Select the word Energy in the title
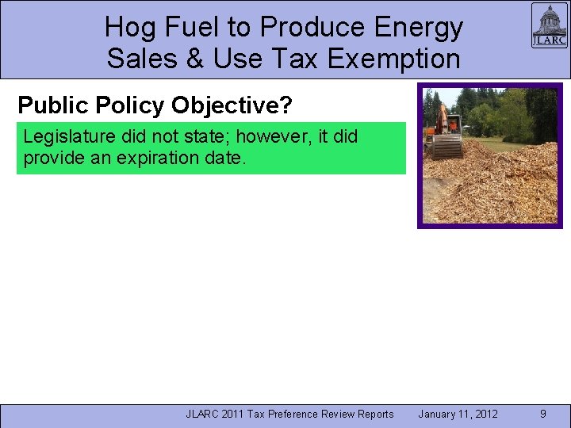420,28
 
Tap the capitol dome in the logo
549,19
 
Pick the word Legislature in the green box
63,136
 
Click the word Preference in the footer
299,414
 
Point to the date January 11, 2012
458,414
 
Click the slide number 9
542,414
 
